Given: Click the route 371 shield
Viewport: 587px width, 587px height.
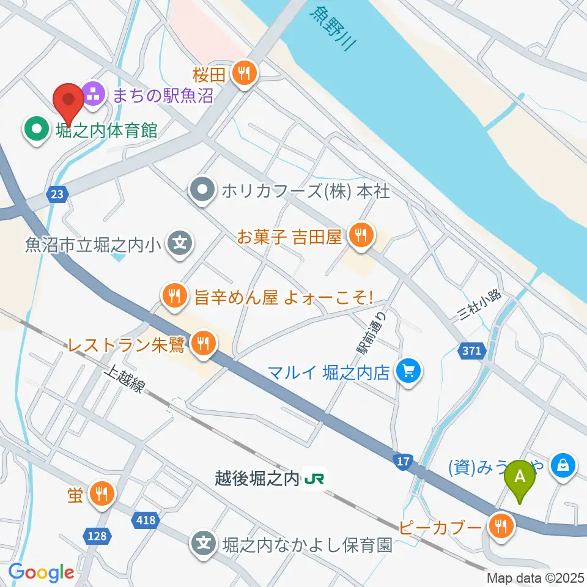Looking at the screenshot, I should click(x=472, y=350).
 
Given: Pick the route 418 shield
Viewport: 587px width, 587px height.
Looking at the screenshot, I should click(x=144, y=520).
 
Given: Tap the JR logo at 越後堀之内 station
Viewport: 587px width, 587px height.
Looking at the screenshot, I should click(x=315, y=478).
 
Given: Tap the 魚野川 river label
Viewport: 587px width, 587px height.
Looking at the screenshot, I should click(x=333, y=28).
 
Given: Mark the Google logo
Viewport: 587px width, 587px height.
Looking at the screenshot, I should click(x=41, y=573).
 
